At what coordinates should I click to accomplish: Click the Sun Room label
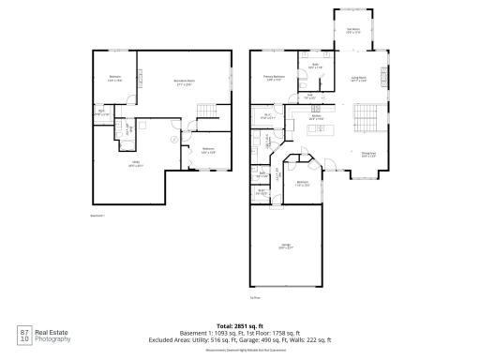(x=353, y=30)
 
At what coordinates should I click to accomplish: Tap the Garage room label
(x=285, y=247)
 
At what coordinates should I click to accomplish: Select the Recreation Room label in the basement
(x=184, y=83)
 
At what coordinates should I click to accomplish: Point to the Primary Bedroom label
(x=274, y=79)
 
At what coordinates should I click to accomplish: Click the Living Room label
(x=359, y=80)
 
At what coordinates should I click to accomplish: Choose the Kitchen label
(x=318, y=118)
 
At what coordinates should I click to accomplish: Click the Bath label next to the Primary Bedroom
(x=316, y=66)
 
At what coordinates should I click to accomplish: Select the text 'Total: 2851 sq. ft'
(x=239, y=323)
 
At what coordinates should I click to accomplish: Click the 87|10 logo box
(x=22, y=335)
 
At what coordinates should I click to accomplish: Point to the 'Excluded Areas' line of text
(x=239, y=340)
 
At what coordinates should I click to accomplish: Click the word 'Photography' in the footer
(x=52, y=339)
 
